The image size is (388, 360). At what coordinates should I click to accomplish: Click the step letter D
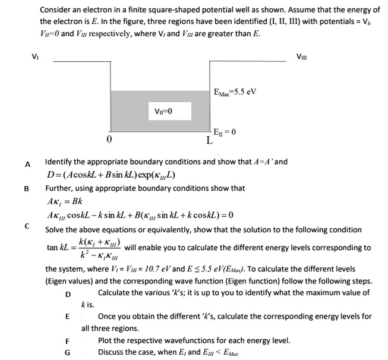(68, 294)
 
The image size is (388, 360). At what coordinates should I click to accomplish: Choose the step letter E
(68, 317)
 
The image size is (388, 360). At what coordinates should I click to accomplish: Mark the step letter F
(68, 341)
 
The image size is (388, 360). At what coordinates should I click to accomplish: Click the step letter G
(68, 352)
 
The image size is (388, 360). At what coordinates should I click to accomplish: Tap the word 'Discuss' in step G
(112, 352)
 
